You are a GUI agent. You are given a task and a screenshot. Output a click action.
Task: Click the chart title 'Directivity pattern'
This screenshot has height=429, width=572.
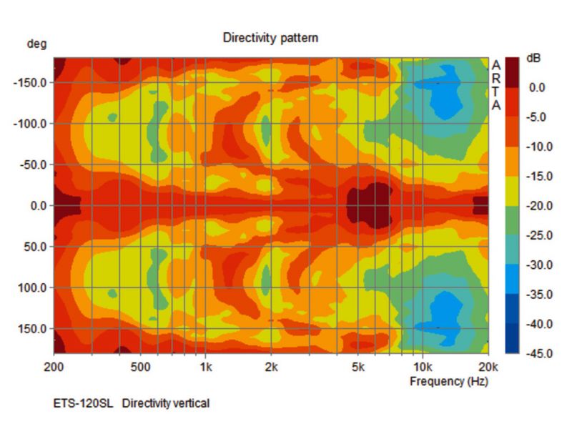click(x=270, y=37)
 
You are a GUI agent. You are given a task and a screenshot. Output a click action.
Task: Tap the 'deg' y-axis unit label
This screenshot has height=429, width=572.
click(x=36, y=44)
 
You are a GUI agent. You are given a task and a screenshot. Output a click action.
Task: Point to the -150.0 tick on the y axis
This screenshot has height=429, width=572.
click(x=30, y=82)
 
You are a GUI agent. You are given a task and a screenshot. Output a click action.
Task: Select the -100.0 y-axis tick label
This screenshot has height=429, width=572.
click(x=30, y=124)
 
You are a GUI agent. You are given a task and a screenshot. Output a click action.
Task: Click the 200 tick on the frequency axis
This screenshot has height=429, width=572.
click(x=54, y=368)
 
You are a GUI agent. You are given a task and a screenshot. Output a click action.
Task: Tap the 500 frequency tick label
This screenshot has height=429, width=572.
click(x=141, y=368)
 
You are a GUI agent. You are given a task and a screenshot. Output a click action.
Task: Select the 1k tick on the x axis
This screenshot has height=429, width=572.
click(x=206, y=368)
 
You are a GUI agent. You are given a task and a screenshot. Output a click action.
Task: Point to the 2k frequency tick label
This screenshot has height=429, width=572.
click(x=271, y=368)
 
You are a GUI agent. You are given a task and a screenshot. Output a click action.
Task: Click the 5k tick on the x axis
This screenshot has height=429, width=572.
click(x=357, y=368)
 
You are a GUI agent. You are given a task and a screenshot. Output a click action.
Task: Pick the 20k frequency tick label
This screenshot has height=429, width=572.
click(x=488, y=368)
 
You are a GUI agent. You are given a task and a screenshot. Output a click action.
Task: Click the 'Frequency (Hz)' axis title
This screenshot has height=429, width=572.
click(x=448, y=381)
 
